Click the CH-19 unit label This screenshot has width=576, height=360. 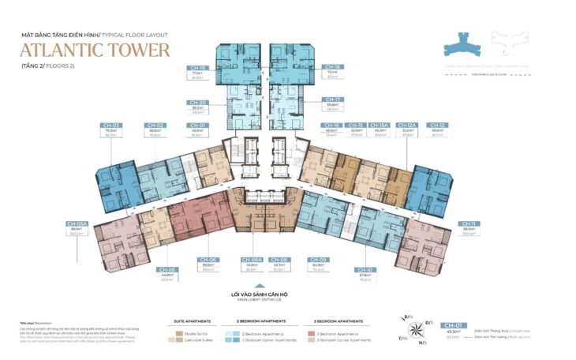point(197,67)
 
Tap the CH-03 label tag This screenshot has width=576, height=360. point(111,125)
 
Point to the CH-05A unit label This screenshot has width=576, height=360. point(77,223)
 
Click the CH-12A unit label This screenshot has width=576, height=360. point(407,125)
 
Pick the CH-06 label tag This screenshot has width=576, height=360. point(208,260)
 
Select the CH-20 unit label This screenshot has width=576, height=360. point(197,101)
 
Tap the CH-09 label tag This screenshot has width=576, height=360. point(318,260)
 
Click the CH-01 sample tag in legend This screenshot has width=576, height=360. point(453,324)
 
